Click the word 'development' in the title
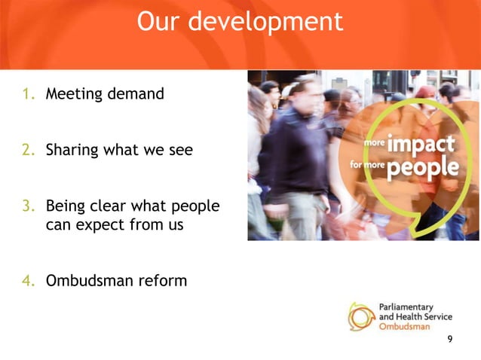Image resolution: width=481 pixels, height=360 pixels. (265, 21)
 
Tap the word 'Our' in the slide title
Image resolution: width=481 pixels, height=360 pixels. (159, 21)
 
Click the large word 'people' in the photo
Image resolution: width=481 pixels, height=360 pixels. (422, 166)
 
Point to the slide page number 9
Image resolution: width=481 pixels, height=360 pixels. (450, 340)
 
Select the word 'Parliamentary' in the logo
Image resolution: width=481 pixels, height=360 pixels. (405, 307)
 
